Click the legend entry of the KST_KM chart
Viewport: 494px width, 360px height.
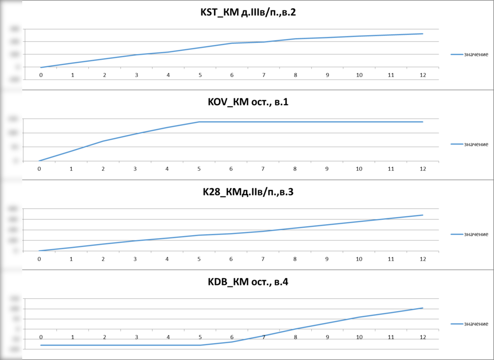click(469, 54)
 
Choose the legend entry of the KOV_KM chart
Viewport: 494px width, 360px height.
click(469, 144)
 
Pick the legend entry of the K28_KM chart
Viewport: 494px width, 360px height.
click(469, 234)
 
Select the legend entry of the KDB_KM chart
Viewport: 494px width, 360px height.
click(469, 323)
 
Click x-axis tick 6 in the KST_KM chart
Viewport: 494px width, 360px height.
click(232, 75)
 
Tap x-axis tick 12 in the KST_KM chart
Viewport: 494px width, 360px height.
click(423, 75)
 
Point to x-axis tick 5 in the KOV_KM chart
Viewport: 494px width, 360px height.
click(199, 169)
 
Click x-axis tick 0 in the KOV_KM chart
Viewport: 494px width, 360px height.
click(40, 169)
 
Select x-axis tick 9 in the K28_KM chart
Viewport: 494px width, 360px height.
click(327, 259)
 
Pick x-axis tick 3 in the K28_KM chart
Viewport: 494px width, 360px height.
click(135, 259)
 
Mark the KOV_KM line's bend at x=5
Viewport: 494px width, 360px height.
click(199, 121)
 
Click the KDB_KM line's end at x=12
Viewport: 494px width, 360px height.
click(423, 308)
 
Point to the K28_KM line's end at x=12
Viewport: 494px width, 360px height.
click(423, 215)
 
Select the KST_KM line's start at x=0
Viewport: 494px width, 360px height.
click(41, 67)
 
